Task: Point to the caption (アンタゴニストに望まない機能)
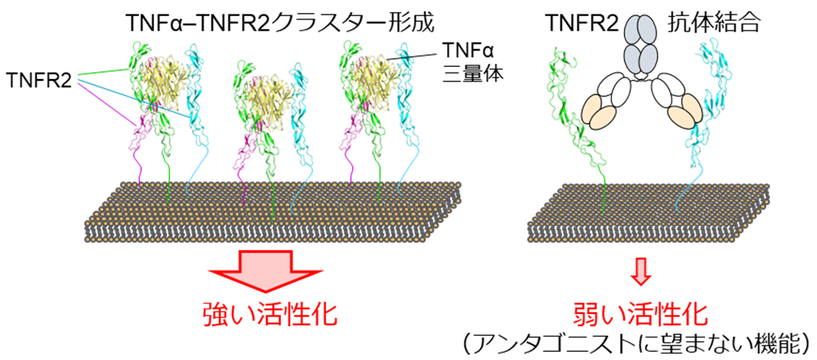(639, 343)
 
